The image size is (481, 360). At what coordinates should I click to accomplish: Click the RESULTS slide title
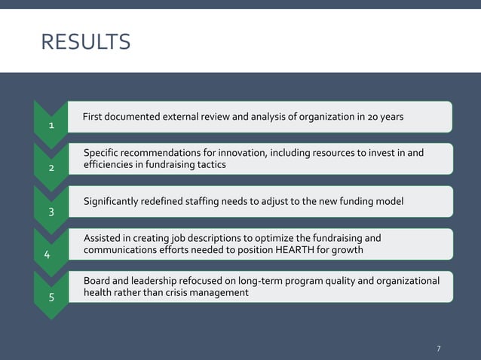(86, 42)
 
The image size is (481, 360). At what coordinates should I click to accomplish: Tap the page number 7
(439, 348)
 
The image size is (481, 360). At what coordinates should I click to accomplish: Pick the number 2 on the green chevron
(51, 168)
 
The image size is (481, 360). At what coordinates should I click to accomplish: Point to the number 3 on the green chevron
(51, 211)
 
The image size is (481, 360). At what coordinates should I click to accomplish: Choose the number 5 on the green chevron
(51, 297)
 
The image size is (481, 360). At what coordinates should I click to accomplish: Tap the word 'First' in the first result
(93, 117)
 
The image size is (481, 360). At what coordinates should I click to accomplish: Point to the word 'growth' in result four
(346, 250)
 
